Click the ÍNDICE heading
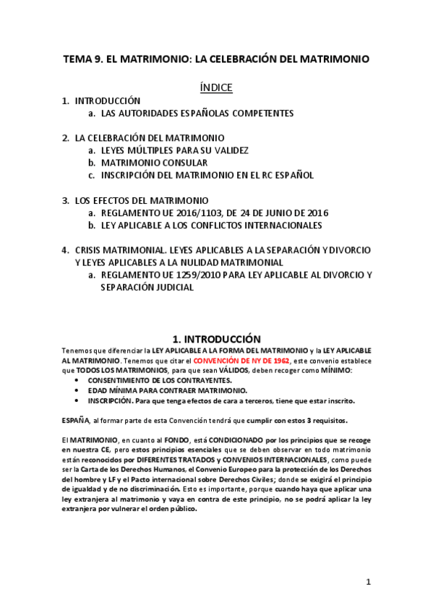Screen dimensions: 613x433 (x=216, y=87)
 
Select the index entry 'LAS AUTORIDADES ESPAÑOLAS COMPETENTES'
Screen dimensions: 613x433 (x=197, y=113)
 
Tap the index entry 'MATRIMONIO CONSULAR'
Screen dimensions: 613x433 (x=144, y=163)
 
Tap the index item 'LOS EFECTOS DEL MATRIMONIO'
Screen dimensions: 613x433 (x=142, y=200)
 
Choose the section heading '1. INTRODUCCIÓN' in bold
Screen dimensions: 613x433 (x=216, y=338)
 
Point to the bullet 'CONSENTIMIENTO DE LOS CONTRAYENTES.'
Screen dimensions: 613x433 (x=160, y=380)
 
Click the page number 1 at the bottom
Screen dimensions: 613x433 (x=368, y=581)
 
